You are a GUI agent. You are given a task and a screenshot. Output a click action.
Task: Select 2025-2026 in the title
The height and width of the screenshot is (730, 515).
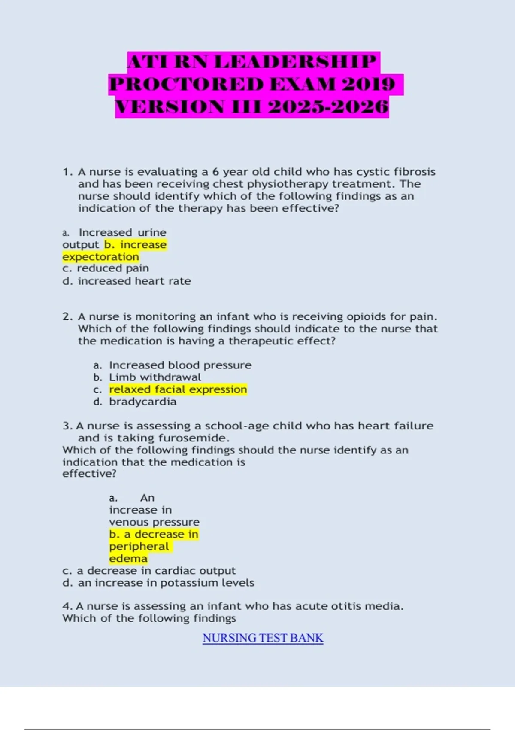(x=328, y=107)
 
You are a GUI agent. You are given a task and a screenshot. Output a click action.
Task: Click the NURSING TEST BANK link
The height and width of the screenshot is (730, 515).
(x=263, y=638)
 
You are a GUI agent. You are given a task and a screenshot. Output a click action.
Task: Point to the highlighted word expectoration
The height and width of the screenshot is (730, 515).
(x=101, y=257)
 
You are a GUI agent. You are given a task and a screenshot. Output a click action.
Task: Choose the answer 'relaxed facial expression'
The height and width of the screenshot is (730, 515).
(x=178, y=389)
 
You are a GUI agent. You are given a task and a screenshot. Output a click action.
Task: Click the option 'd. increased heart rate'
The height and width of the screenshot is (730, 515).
(x=127, y=281)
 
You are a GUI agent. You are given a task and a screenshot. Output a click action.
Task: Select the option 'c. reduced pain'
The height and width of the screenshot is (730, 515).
(x=106, y=268)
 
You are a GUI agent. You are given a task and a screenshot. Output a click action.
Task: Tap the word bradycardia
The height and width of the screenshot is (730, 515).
(x=142, y=402)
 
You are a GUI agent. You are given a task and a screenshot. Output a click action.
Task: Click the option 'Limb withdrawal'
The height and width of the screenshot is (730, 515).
(x=155, y=377)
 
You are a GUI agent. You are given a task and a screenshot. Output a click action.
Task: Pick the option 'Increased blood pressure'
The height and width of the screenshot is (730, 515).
(x=180, y=365)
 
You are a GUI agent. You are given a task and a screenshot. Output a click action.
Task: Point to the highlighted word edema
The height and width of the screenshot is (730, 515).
(x=128, y=559)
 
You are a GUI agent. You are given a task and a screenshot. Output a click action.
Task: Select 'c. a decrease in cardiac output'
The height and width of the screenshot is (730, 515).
(x=149, y=571)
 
